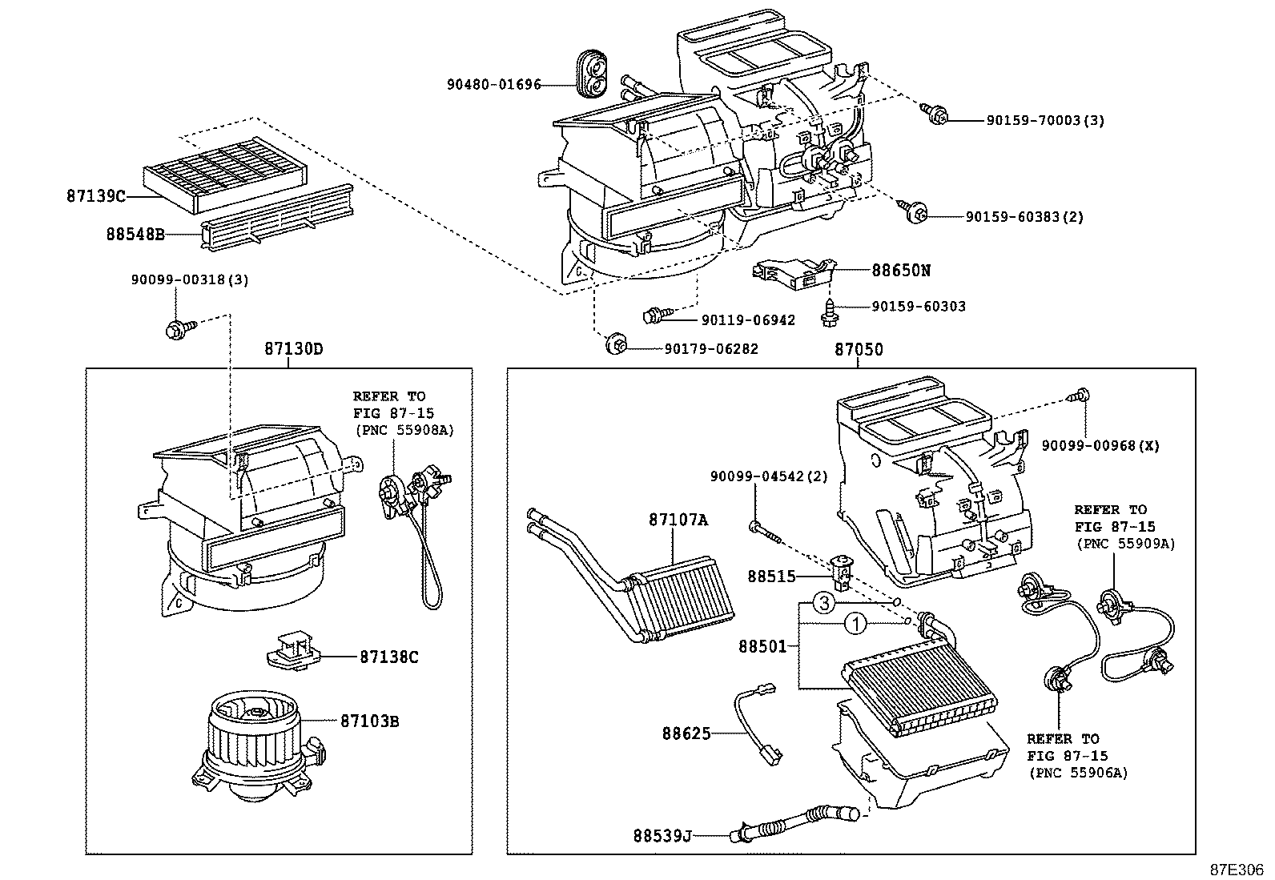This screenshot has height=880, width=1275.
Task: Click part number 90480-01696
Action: [493, 84]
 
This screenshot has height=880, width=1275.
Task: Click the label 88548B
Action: [135, 235]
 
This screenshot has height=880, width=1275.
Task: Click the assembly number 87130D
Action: [294, 349]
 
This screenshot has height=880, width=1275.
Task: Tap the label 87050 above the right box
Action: [859, 349]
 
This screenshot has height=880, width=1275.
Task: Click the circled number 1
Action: [855, 624]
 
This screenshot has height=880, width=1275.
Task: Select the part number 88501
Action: [762, 645]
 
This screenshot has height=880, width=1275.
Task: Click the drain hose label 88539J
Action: [661, 836]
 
